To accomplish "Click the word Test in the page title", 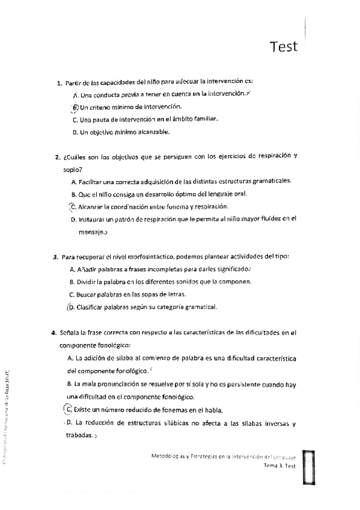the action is pyautogui.click(x=284, y=48).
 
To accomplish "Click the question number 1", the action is pyautogui.click(x=58, y=82).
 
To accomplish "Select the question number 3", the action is pyautogui.click(x=55, y=257).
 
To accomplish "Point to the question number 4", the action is pyautogui.click(x=54, y=333).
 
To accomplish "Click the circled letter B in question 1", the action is pyautogui.click(x=75, y=107).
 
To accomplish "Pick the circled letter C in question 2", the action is pyautogui.click(x=73, y=207).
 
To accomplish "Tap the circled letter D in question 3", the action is pyautogui.click(x=71, y=307).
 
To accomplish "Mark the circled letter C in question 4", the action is pyautogui.click(x=69, y=410).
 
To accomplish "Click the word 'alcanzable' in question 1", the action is pyautogui.click(x=150, y=132).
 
